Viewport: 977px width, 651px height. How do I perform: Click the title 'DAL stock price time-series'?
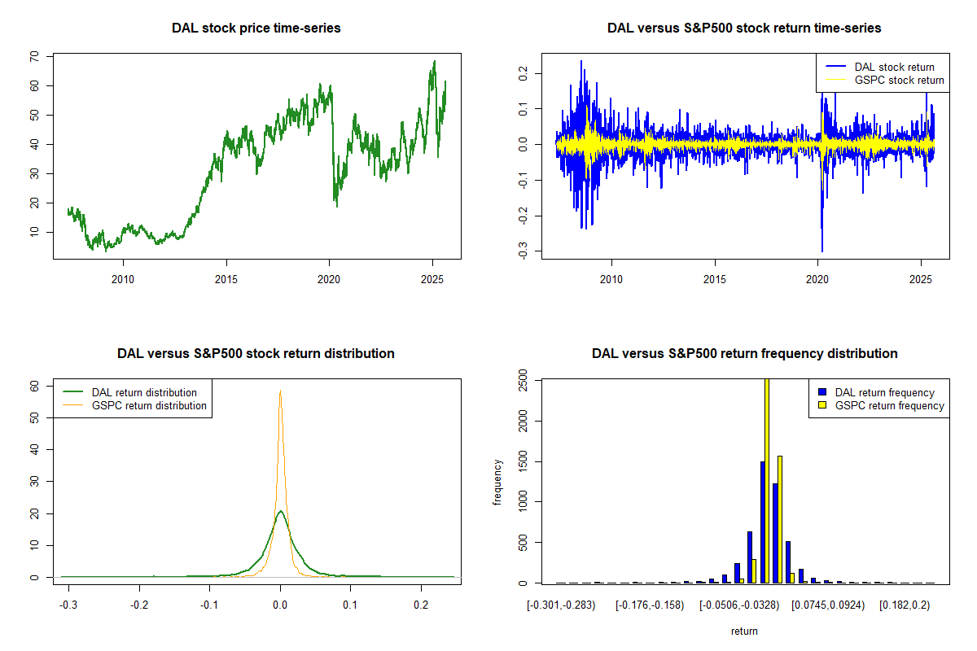pyautogui.click(x=256, y=28)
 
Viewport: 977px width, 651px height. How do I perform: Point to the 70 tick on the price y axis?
pyautogui.click(x=34, y=56)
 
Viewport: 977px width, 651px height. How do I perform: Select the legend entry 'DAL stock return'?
pyautogui.click(x=894, y=67)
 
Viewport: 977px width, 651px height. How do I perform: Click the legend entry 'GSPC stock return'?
pyautogui.click(x=899, y=81)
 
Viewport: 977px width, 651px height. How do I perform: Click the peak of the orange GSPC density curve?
pyautogui.click(x=280, y=391)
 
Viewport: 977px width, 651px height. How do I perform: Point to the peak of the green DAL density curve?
pyautogui.click(x=280, y=512)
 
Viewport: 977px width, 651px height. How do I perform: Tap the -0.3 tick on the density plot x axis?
pyautogui.click(x=70, y=606)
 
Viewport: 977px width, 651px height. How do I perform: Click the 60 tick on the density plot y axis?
pyautogui.click(x=34, y=387)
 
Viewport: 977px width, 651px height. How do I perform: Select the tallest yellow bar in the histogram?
pyautogui.click(x=767, y=480)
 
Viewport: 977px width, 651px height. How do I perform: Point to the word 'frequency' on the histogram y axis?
pyautogui.click(x=498, y=482)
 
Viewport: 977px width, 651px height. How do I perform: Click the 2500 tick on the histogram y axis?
pyautogui.click(x=523, y=380)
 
